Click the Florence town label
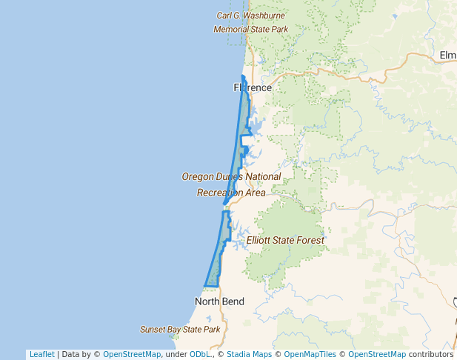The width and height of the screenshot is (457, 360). (x=253, y=87)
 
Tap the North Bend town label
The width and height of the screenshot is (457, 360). (x=219, y=301)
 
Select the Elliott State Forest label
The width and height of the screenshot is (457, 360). (x=285, y=241)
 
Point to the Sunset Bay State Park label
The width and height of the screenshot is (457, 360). (x=180, y=329)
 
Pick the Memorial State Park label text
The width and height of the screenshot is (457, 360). (x=250, y=30)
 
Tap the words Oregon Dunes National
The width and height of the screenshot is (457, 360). (x=231, y=177)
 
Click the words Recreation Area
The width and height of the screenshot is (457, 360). (x=230, y=193)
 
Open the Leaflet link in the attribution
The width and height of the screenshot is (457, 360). (x=41, y=354)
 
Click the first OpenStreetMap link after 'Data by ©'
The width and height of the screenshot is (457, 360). (x=131, y=354)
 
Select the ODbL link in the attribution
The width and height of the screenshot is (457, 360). (x=200, y=354)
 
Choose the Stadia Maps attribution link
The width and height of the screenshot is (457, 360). (x=251, y=354)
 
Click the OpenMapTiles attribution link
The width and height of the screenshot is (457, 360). (x=310, y=354)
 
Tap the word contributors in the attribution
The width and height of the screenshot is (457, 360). (x=430, y=354)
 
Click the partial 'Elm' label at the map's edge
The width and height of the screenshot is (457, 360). (x=447, y=56)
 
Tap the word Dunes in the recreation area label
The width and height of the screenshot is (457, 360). (x=224, y=177)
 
